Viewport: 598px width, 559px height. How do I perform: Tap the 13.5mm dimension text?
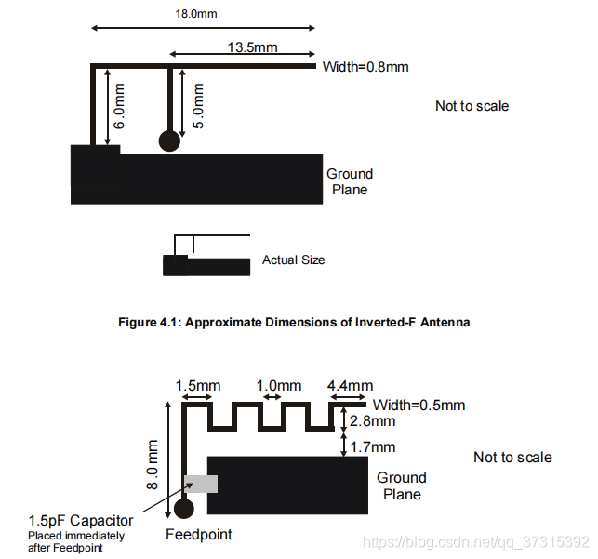pos(251,47)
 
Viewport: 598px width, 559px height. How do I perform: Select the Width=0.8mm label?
pos(365,67)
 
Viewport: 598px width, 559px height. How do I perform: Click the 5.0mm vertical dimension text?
pos(197,105)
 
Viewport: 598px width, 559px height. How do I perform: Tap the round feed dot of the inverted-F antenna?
pos(168,140)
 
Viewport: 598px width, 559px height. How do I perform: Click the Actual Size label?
pos(293,260)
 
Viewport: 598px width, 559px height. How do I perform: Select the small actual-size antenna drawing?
pos(206,258)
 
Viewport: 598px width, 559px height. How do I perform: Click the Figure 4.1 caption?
pos(295,323)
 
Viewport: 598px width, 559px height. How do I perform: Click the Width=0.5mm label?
pos(419,406)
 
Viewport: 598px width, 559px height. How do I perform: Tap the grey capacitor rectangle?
pos(202,484)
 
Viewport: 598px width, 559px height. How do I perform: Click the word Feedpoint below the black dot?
pos(198,535)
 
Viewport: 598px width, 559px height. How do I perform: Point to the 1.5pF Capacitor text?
pos(80,521)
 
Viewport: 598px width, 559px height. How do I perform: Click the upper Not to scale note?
pos(472,106)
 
